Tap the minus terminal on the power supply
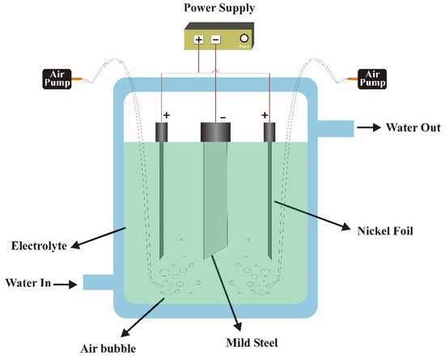click(215, 39)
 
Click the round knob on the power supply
click(244, 37)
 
